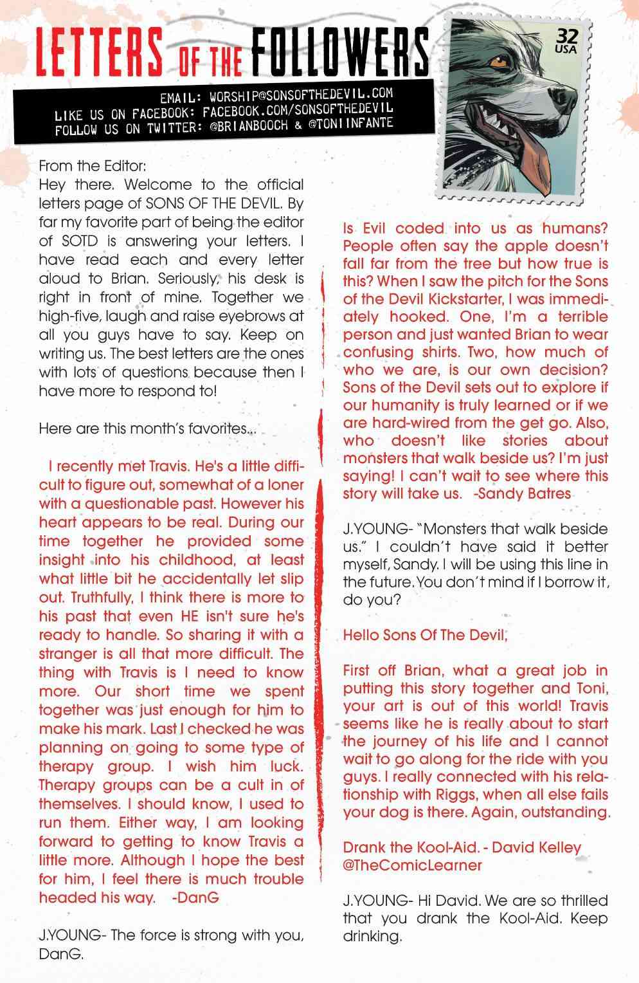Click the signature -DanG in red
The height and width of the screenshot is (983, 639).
click(x=196, y=897)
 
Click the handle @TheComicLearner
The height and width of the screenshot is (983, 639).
click(x=412, y=865)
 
